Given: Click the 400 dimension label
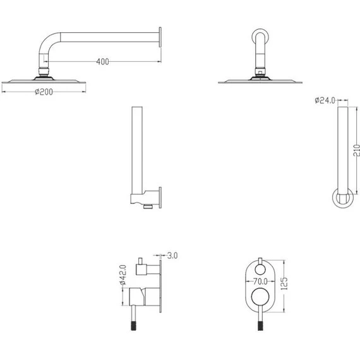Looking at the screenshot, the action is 102,61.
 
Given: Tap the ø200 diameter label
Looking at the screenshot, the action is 44,92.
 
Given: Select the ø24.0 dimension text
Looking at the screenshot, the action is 325,100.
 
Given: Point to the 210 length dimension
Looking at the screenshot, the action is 357,150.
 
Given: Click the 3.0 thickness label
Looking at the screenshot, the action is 172,255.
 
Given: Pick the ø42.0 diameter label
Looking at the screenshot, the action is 123,275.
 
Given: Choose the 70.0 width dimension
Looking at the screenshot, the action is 260,281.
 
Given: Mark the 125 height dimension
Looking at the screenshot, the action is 284,284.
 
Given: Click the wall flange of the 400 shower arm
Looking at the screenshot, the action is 160,37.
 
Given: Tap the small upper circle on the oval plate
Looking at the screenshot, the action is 260,269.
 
